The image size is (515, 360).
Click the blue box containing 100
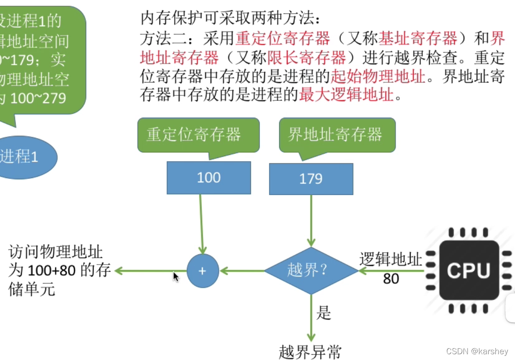point(209,178)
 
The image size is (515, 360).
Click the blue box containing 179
point(311,179)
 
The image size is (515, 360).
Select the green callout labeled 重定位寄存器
point(198,135)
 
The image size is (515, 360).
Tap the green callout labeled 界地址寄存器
point(337,135)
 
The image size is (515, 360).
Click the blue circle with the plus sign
point(202,270)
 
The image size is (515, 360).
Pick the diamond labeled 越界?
point(311,270)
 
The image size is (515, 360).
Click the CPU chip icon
point(469,270)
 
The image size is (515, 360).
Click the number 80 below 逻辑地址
point(391,278)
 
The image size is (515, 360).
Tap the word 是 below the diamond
point(324,313)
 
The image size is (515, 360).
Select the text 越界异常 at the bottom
point(310,352)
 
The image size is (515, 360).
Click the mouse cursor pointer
point(176,277)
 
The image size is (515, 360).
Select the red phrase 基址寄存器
point(418,39)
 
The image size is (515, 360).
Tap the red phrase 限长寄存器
point(306,58)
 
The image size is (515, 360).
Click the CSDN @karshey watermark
point(477,351)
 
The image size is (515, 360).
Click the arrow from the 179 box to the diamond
point(311,220)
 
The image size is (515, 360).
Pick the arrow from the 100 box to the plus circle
point(201,224)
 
